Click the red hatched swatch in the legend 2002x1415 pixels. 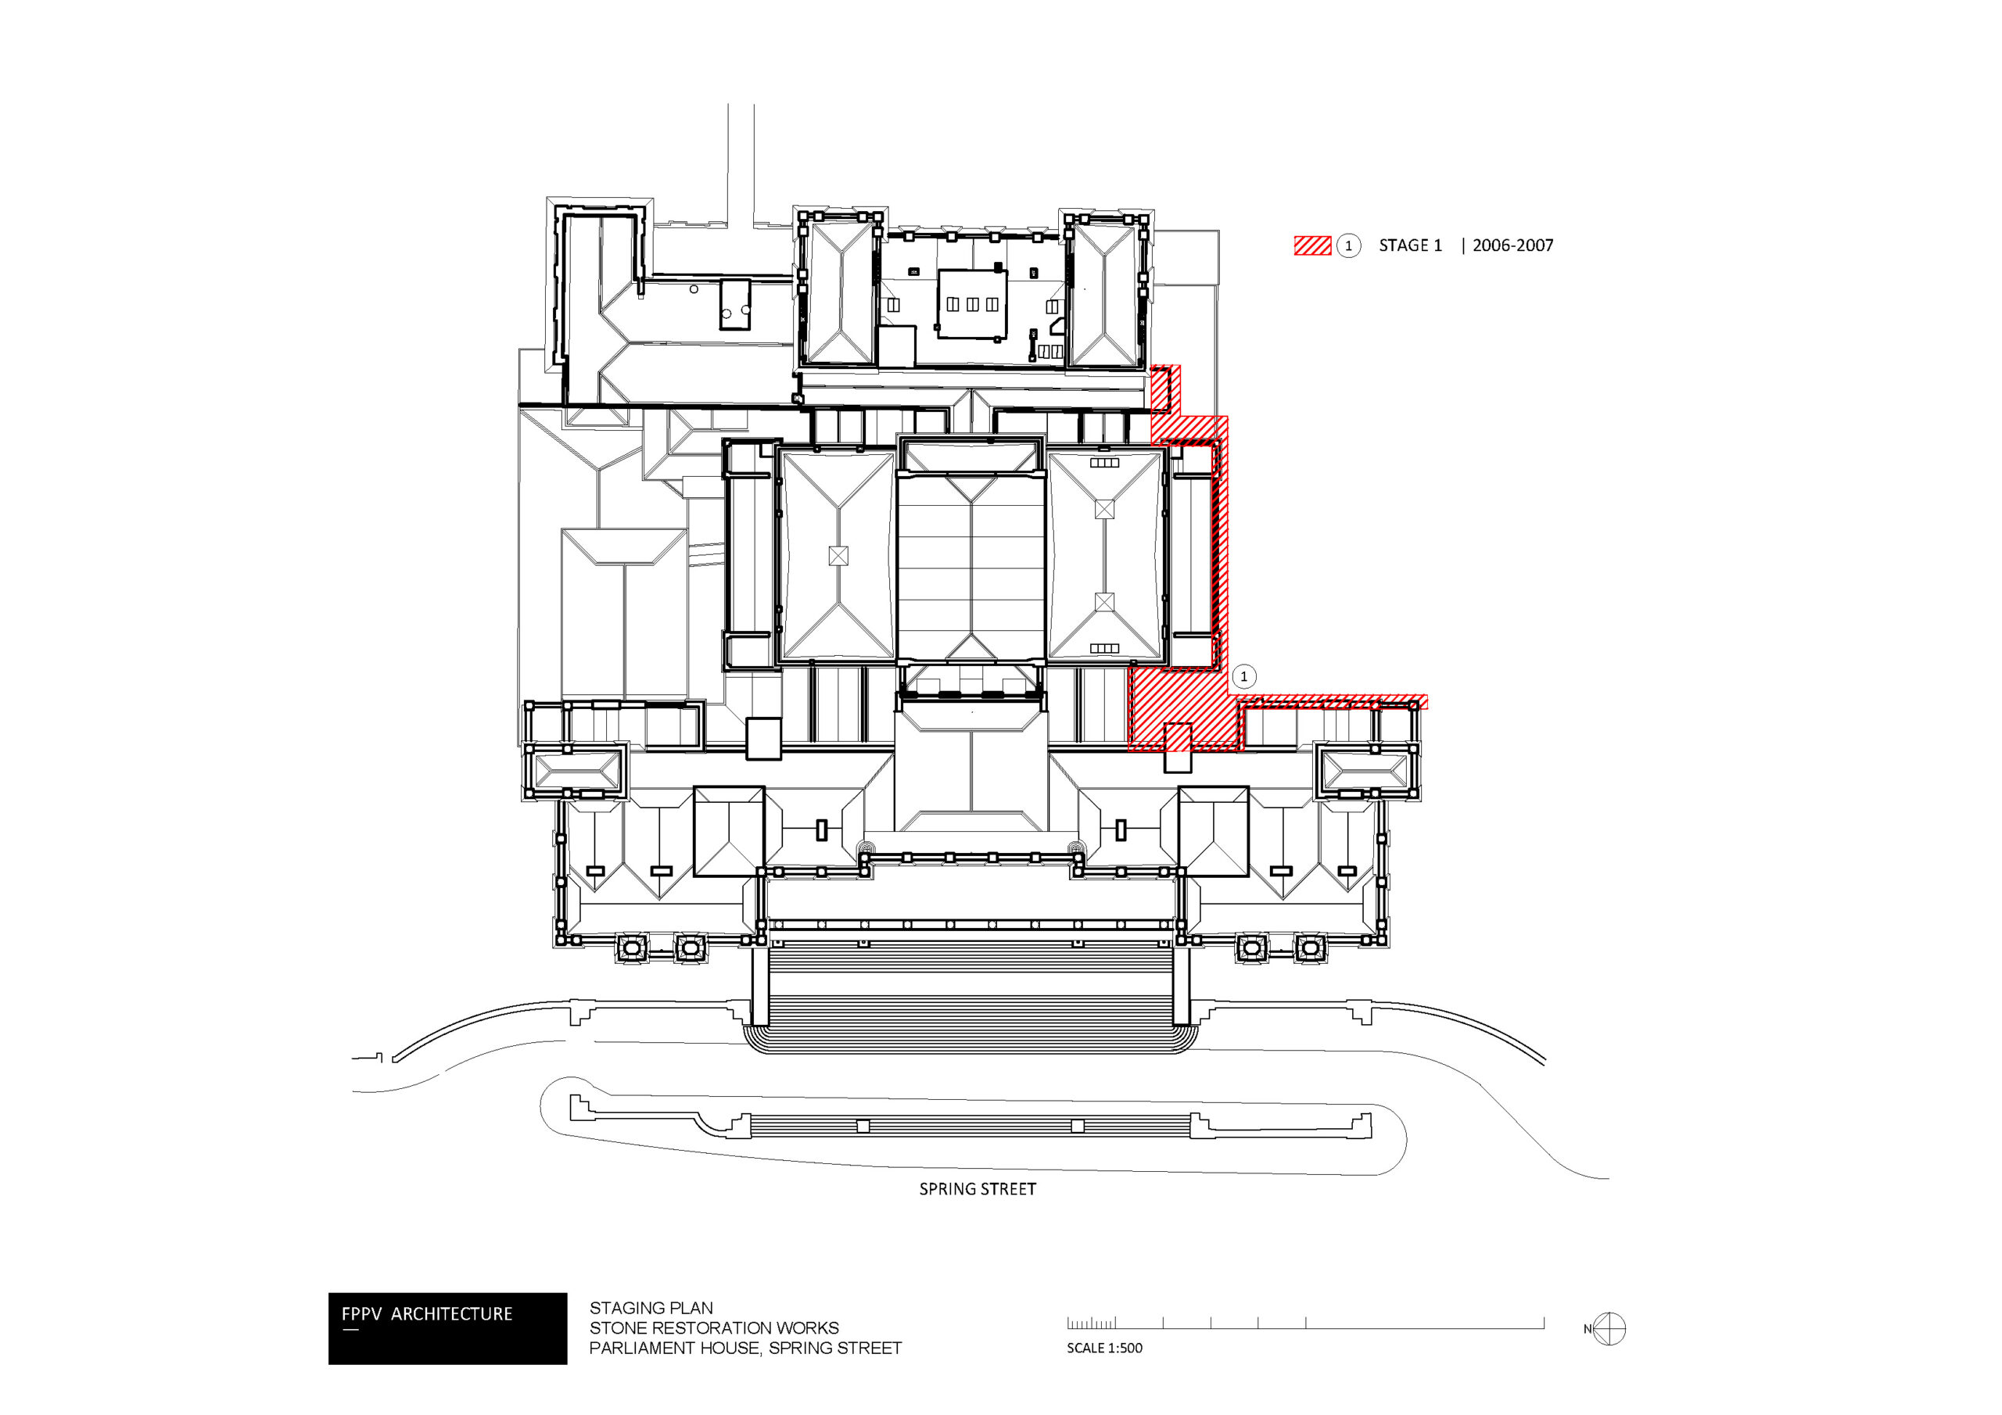pos(1312,245)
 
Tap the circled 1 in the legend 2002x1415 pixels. pos(1348,245)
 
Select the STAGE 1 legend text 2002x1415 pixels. pos(1410,245)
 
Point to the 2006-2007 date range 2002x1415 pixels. pos(1512,245)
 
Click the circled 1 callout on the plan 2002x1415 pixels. pos(1243,676)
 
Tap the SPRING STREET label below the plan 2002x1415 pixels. pos(978,1189)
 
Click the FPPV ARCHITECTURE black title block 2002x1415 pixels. pos(447,1327)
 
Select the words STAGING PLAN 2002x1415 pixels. pos(651,1308)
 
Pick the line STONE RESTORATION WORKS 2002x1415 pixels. pos(713,1327)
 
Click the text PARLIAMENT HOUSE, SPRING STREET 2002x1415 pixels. pos(745,1348)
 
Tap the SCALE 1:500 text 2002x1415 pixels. pos(1104,1348)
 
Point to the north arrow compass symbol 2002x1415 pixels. pos(1609,1329)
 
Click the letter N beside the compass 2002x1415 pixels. pos(1588,1330)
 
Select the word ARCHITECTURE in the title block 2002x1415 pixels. pos(452,1314)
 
